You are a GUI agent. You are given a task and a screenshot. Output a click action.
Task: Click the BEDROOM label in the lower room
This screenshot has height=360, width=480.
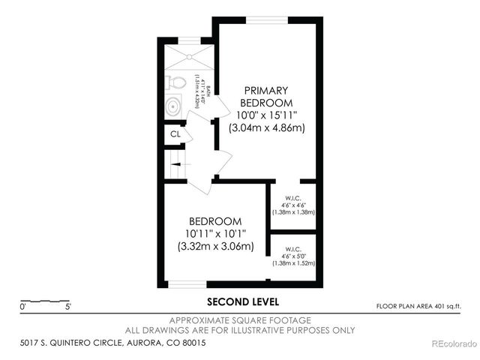215,221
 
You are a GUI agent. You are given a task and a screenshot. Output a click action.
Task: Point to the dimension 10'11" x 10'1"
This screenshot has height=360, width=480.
215,233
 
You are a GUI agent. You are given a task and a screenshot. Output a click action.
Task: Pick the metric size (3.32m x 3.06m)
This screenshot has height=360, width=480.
215,246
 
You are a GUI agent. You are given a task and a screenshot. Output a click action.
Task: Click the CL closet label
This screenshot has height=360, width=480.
175,134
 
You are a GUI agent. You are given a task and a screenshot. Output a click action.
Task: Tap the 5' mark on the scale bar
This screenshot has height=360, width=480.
68,307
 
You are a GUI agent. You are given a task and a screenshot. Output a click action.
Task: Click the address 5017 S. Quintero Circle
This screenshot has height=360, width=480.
112,343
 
